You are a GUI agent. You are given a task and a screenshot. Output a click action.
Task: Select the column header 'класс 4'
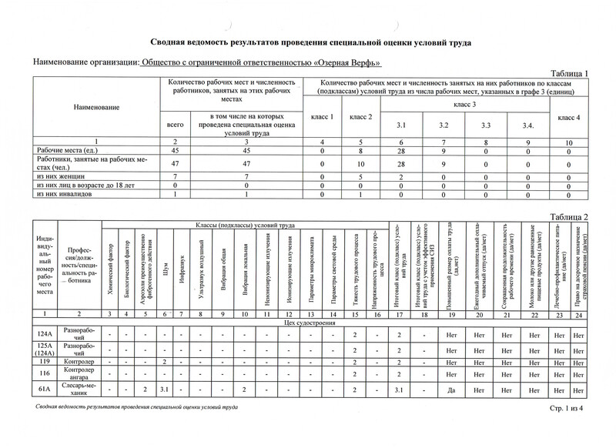[567, 117]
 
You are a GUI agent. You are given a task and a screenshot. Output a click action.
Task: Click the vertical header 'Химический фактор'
[112, 266]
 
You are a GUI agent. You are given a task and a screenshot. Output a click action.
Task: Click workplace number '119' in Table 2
[44, 361]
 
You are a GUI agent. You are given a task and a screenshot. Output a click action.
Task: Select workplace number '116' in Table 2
[44, 373]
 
